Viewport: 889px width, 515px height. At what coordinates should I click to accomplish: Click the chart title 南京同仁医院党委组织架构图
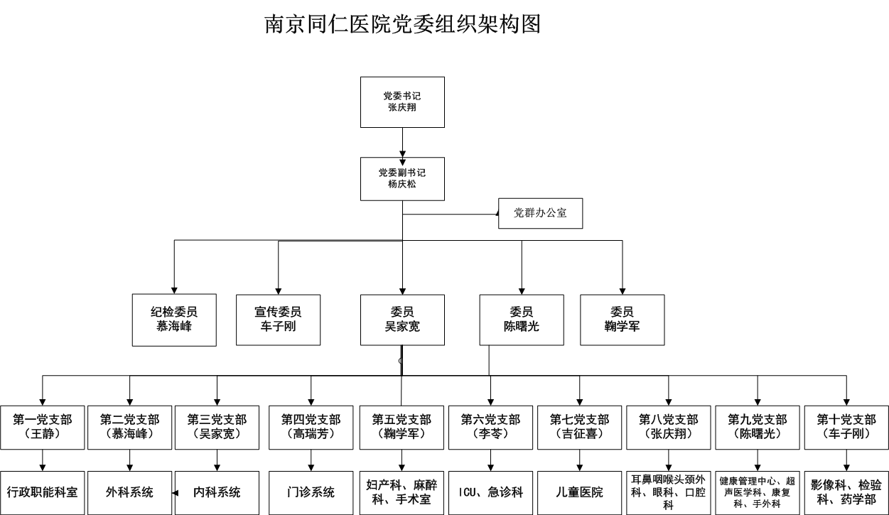pyautogui.click(x=403, y=24)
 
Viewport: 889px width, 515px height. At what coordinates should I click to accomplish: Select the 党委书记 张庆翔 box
pyautogui.click(x=402, y=102)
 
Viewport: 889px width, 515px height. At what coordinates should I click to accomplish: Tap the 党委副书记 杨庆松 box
pyautogui.click(x=402, y=178)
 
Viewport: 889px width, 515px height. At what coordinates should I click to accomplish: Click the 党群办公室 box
pyautogui.click(x=540, y=213)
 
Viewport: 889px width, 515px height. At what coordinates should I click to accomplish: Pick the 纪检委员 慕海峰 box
pyautogui.click(x=174, y=320)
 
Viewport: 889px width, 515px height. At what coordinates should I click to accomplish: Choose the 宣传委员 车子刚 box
pyautogui.click(x=278, y=320)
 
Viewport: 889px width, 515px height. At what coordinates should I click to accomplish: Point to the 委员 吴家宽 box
pyautogui.click(x=402, y=320)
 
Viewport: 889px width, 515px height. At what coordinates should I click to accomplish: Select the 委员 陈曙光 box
pyautogui.click(x=522, y=320)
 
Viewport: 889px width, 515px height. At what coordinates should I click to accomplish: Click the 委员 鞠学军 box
pyautogui.click(x=623, y=320)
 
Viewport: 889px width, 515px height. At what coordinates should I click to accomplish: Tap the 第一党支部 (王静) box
pyautogui.click(x=43, y=427)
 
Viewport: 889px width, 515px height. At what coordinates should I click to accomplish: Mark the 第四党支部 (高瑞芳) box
pyautogui.click(x=311, y=427)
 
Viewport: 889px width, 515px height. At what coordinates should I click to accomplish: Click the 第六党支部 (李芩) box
pyautogui.click(x=490, y=427)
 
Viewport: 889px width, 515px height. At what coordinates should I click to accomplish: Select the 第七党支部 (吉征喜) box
pyautogui.click(x=580, y=427)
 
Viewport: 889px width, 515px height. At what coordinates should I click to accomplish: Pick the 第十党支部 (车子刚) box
pyautogui.click(x=846, y=427)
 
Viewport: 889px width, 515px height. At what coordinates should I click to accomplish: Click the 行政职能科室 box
pyautogui.click(x=43, y=492)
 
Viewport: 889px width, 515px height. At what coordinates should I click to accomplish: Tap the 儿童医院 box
pyautogui.click(x=580, y=492)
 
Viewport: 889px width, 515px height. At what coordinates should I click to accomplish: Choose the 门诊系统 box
pyautogui.click(x=311, y=492)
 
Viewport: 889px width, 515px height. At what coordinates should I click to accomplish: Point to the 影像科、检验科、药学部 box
pyautogui.click(x=846, y=492)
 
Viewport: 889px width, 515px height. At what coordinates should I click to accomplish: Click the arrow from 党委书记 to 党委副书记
pyautogui.click(x=403, y=142)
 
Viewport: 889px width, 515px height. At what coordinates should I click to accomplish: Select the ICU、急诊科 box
pyautogui.click(x=490, y=492)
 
